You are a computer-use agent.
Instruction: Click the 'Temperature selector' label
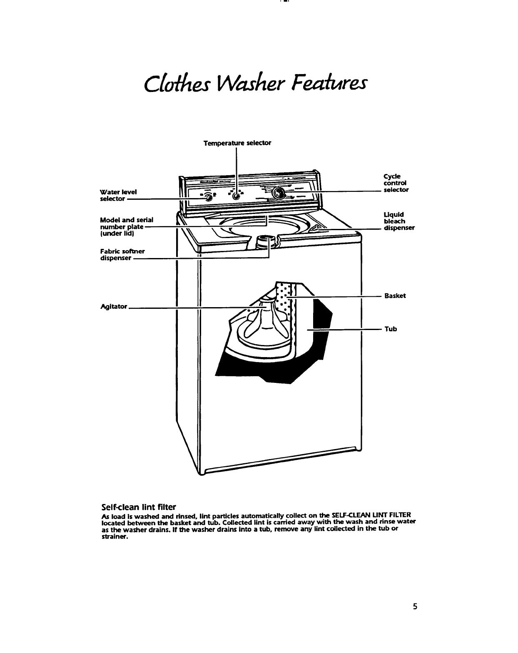[x=237, y=143]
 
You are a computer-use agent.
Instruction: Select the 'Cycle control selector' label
[x=396, y=183]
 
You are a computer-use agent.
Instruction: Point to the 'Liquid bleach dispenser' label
[x=399, y=221]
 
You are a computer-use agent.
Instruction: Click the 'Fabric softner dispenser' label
[x=122, y=254]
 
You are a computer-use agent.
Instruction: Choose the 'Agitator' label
[x=114, y=306]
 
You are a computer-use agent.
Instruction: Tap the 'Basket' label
[x=395, y=296]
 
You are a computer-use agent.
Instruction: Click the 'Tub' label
[x=391, y=329]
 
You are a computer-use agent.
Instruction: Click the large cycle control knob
[x=279, y=193]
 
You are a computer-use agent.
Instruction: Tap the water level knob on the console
[x=209, y=197]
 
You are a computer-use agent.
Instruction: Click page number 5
[x=415, y=606]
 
